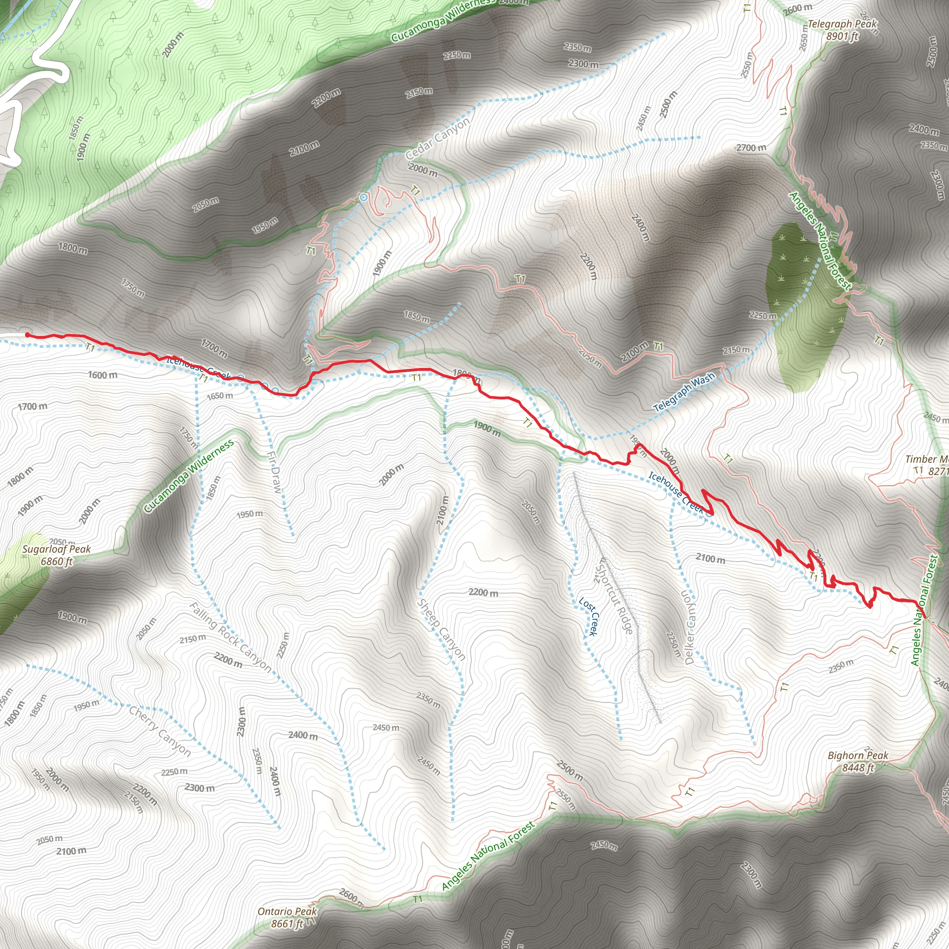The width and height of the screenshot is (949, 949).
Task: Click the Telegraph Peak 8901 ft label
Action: pyautogui.click(x=842, y=30)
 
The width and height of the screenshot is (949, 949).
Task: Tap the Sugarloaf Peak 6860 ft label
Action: pyautogui.click(x=57, y=555)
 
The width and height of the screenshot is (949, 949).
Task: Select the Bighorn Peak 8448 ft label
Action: pyautogui.click(x=858, y=761)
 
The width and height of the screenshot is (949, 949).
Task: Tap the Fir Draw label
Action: pyautogui.click(x=276, y=472)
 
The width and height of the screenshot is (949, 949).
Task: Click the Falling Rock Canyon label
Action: pyautogui.click(x=230, y=637)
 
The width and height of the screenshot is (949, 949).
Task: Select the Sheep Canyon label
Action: pyautogui.click(x=441, y=629)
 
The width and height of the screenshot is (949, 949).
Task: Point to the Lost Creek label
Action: pyautogui.click(x=588, y=616)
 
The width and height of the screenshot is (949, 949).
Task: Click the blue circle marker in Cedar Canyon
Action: pyautogui.click(x=363, y=197)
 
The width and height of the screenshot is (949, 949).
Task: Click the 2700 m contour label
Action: pyautogui.click(x=751, y=147)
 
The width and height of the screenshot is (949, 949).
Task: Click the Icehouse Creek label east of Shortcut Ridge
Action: pyautogui.click(x=677, y=492)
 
